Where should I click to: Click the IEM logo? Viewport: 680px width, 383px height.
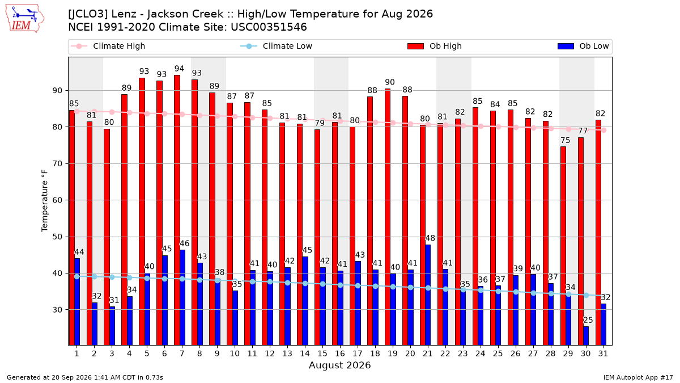(x=25, y=19)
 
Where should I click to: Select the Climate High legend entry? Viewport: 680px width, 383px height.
(x=108, y=46)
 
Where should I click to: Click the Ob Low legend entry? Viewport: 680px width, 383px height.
(x=583, y=46)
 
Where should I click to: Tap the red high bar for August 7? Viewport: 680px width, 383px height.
(x=177, y=210)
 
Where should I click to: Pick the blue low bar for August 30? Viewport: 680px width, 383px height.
(x=586, y=336)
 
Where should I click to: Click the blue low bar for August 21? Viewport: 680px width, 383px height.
(x=428, y=295)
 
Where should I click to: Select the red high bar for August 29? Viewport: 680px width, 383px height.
(x=563, y=246)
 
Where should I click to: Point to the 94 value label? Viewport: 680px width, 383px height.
(x=180, y=69)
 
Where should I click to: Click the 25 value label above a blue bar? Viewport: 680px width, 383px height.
(x=588, y=320)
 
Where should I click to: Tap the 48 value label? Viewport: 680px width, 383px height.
(x=430, y=238)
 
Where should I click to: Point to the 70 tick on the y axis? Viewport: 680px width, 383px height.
(x=57, y=164)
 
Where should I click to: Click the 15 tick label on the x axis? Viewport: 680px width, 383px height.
(x=322, y=353)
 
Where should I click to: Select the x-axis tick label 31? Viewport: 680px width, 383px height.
(x=603, y=353)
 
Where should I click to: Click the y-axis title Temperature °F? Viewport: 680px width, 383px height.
(x=45, y=201)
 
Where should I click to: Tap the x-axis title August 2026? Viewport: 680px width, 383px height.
(x=340, y=365)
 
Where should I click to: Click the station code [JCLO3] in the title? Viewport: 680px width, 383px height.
(x=88, y=14)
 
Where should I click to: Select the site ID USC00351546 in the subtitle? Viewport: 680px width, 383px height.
(x=269, y=27)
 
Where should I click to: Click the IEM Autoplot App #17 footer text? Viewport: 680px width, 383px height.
(x=638, y=377)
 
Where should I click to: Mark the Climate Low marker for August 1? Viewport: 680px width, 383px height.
(x=77, y=277)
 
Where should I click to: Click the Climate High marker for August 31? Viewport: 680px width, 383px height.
(x=604, y=130)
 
